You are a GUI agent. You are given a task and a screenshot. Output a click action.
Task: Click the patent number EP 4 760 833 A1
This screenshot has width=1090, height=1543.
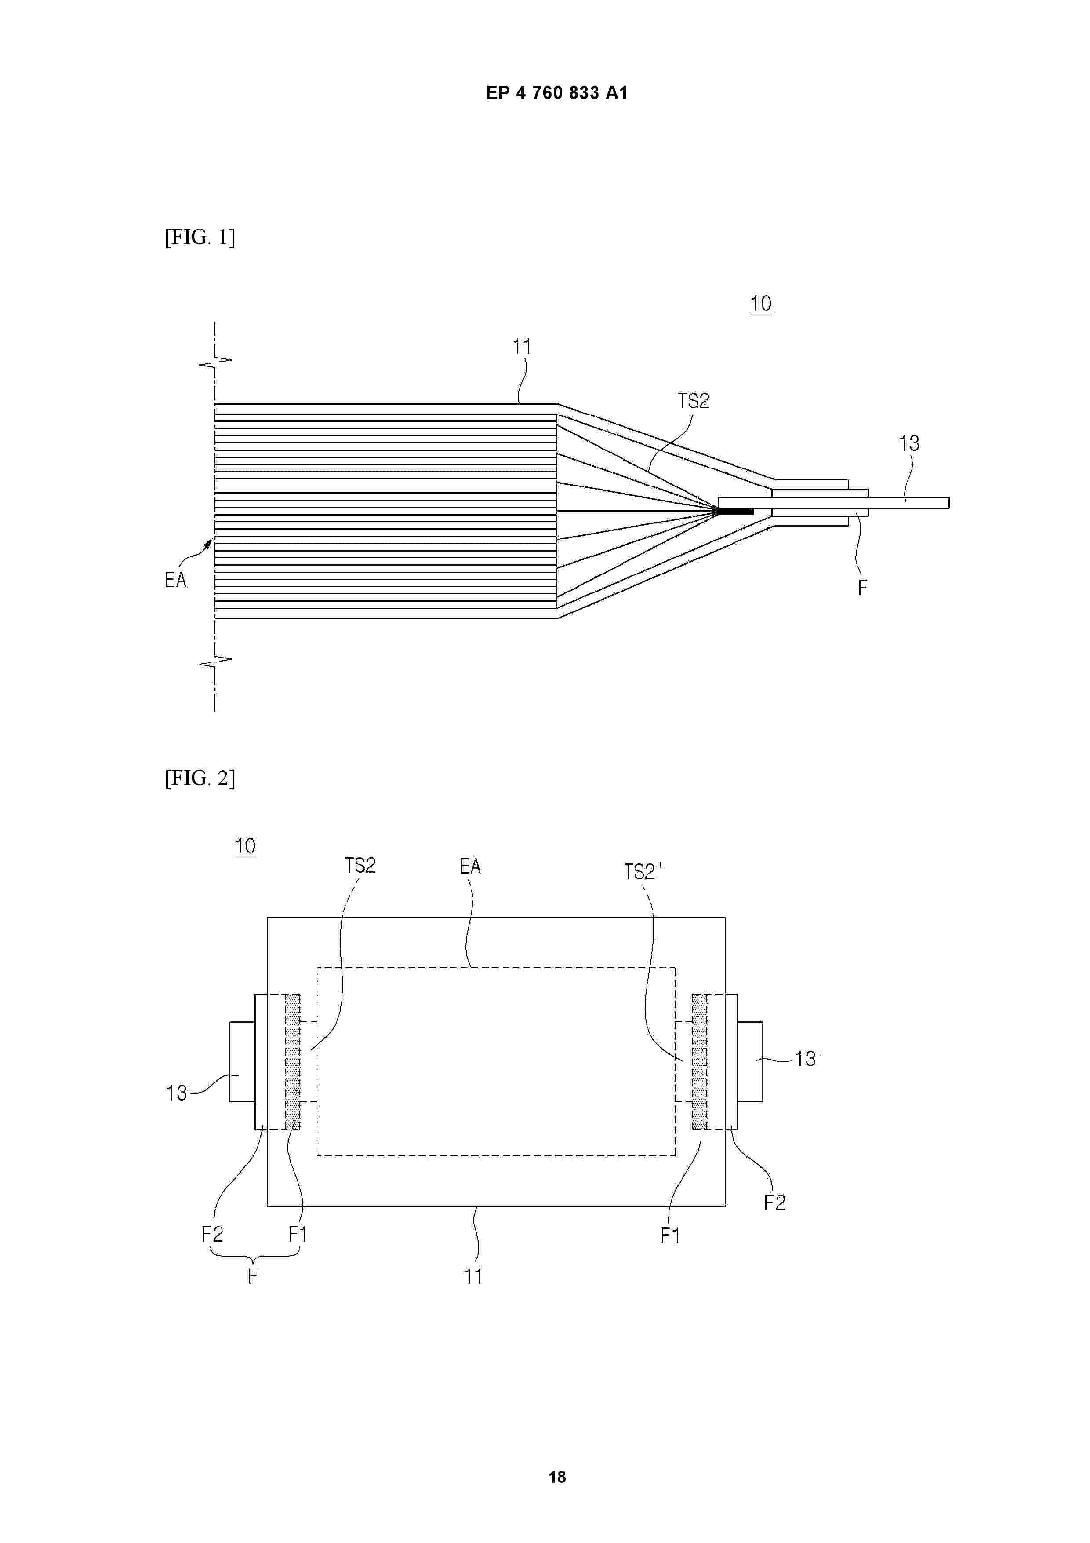[x=557, y=93]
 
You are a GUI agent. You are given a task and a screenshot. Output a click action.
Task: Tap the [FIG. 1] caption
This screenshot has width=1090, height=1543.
[x=200, y=237]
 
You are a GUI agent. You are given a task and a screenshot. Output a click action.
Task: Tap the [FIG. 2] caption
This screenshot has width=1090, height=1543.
[x=200, y=778]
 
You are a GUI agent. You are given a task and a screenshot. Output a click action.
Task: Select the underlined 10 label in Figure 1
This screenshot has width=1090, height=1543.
[x=761, y=304]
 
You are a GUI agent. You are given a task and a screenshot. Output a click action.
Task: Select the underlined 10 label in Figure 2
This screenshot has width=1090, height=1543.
[x=245, y=846]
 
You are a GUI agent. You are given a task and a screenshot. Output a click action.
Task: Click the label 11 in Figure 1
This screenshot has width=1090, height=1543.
[x=522, y=347]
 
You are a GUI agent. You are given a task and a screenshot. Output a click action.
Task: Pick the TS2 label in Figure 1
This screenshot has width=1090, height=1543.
[x=694, y=401]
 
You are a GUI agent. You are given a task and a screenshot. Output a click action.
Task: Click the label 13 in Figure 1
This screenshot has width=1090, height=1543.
[x=909, y=443]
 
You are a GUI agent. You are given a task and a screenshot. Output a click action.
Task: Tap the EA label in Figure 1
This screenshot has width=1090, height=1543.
[x=175, y=580]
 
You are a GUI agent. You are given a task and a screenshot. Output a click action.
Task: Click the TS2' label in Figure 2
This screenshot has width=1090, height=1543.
[x=643, y=872]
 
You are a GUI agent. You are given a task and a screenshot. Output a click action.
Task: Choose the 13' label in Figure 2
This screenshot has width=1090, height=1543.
[x=808, y=1059]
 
